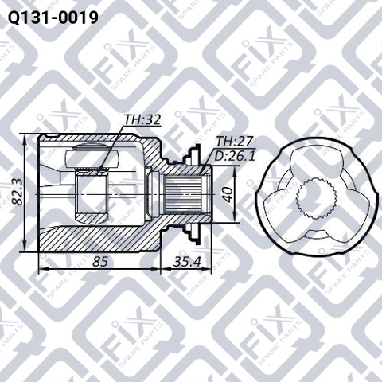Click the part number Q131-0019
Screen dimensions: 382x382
pos(53,18)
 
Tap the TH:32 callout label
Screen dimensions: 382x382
pos(142,120)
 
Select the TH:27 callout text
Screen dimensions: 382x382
pos(234,142)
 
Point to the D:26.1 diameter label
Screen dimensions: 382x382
pos(234,157)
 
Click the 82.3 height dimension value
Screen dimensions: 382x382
pos(18,193)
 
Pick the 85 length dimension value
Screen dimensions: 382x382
pos(100,262)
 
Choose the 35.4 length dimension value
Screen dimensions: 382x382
pos(187,262)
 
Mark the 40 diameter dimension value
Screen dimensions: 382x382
pos(228,195)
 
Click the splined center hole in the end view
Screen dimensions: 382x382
pos(317,199)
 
